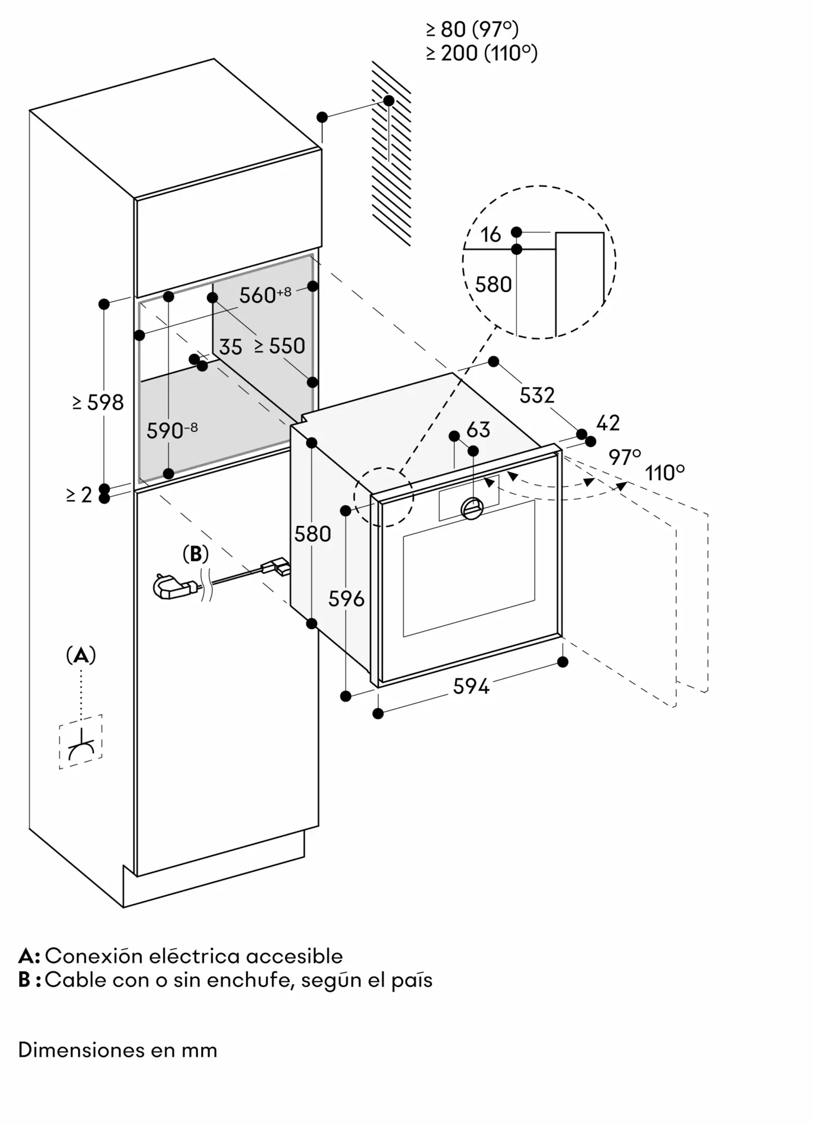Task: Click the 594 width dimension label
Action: click(x=471, y=686)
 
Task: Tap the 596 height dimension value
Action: click(x=346, y=599)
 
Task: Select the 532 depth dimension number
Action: click(x=537, y=395)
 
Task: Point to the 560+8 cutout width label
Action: click(x=265, y=294)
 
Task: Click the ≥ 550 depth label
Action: click(x=279, y=346)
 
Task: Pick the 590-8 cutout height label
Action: click(x=172, y=430)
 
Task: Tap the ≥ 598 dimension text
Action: click(x=98, y=402)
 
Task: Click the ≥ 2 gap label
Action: click(x=79, y=495)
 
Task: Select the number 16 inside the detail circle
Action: click(x=490, y=234)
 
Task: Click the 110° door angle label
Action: click(x=665, y=473)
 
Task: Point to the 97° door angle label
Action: click(x=625, y=457)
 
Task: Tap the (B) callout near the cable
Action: click(x=196, y=554)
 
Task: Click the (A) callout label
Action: click(x=81, y=655)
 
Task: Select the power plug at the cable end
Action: click(x=173, y=588)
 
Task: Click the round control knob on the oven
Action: click(x=472, y=508)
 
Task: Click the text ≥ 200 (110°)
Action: click(x=482, y=53)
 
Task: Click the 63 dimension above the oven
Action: click(x=478, y=429)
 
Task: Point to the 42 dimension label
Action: click(x=607, y=422)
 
